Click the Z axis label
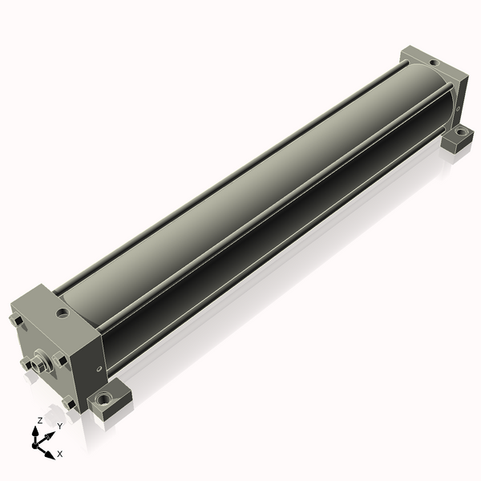39,421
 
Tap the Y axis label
60,426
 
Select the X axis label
60,454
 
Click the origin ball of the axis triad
34,445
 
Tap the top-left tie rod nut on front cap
16,321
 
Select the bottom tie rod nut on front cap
69,402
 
